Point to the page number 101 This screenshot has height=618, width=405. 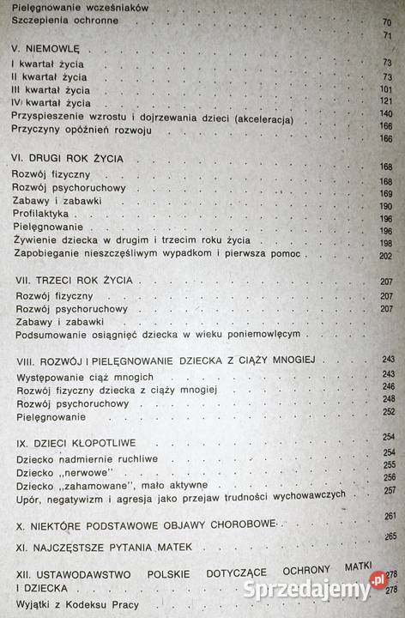(384, 90)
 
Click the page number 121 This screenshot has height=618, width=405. (384, 103)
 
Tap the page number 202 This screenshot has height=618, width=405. (384, 256)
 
